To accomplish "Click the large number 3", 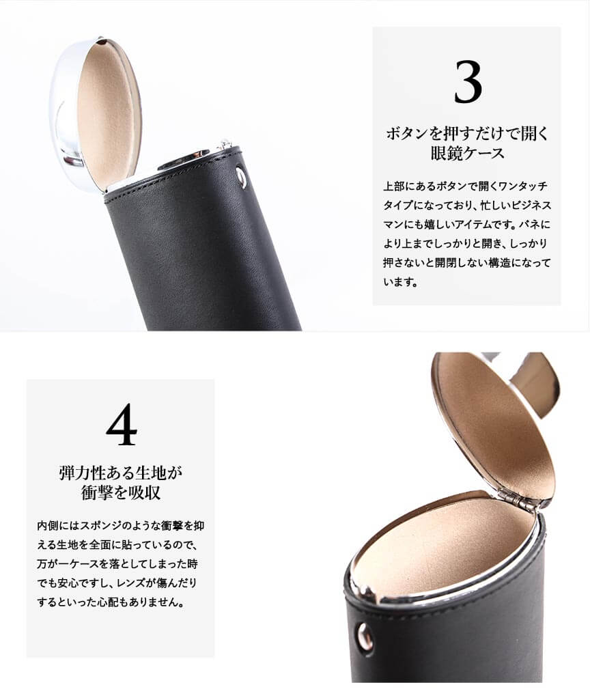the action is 468,82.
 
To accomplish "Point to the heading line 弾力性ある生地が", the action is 120,473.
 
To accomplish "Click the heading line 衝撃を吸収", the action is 120,492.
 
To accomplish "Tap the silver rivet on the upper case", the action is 241,177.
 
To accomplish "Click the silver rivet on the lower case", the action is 365,635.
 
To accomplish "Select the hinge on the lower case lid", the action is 518,501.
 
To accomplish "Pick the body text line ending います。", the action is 400,282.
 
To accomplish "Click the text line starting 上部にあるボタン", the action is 465,186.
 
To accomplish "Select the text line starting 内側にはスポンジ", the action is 120,525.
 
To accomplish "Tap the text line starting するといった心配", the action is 111,602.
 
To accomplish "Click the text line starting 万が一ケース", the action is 117,564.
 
